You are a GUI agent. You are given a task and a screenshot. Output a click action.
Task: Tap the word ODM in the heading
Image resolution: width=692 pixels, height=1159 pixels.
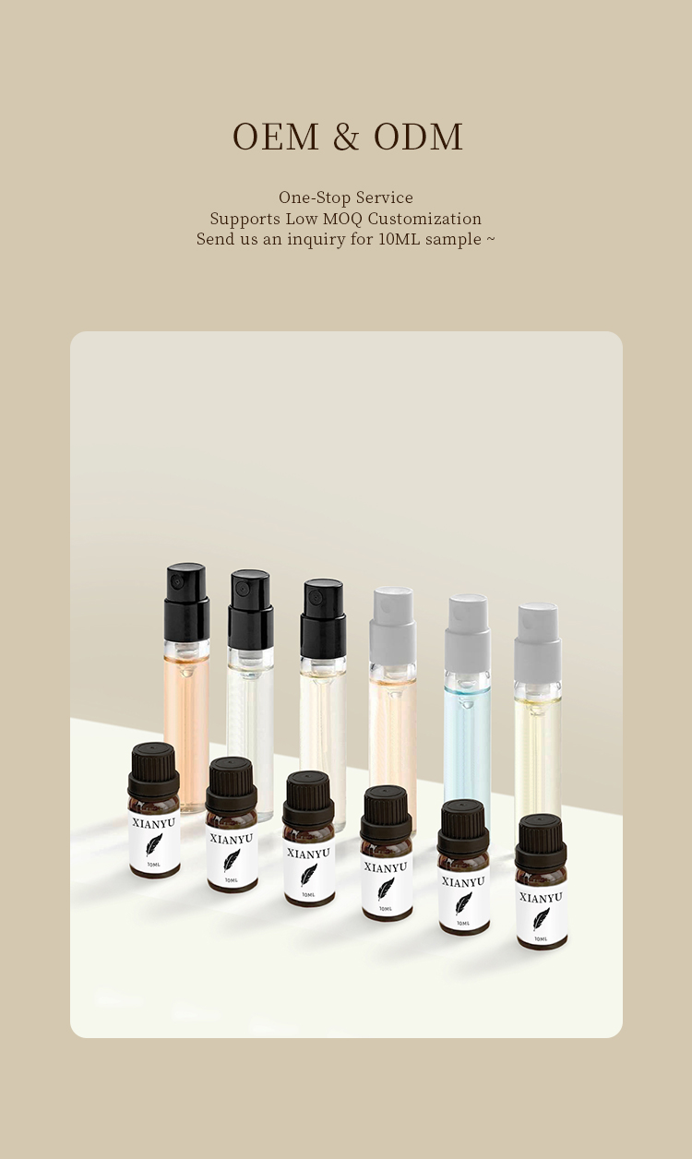pyautogui.click(x=418, y=137)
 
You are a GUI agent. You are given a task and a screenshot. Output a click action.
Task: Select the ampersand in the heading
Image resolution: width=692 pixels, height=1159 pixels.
pyautogui.click(x=345, y=137)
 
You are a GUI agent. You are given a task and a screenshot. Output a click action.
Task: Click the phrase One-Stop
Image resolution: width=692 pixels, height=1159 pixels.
pyautogui.click(x=311, y=197)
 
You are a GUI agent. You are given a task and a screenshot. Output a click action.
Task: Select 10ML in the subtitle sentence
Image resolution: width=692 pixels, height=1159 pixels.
pyautogui.click(x=400, y=239)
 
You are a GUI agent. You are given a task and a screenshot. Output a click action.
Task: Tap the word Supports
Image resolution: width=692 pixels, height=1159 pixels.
pyautogui.click(x=242, y=219)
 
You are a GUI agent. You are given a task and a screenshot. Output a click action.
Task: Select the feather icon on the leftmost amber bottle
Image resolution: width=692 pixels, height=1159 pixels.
pyautogui.click(x=154, y=843)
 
